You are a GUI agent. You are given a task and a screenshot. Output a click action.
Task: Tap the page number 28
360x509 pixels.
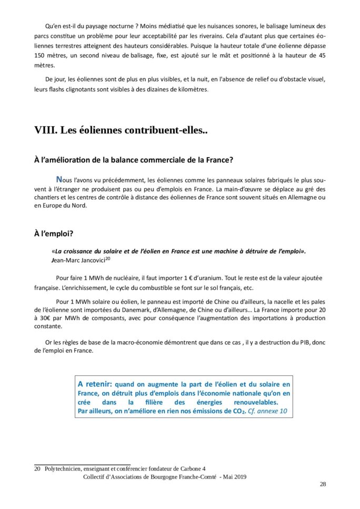point(323,484)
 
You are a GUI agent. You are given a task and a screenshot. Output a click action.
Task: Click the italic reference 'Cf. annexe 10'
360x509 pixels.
point(268,411)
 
